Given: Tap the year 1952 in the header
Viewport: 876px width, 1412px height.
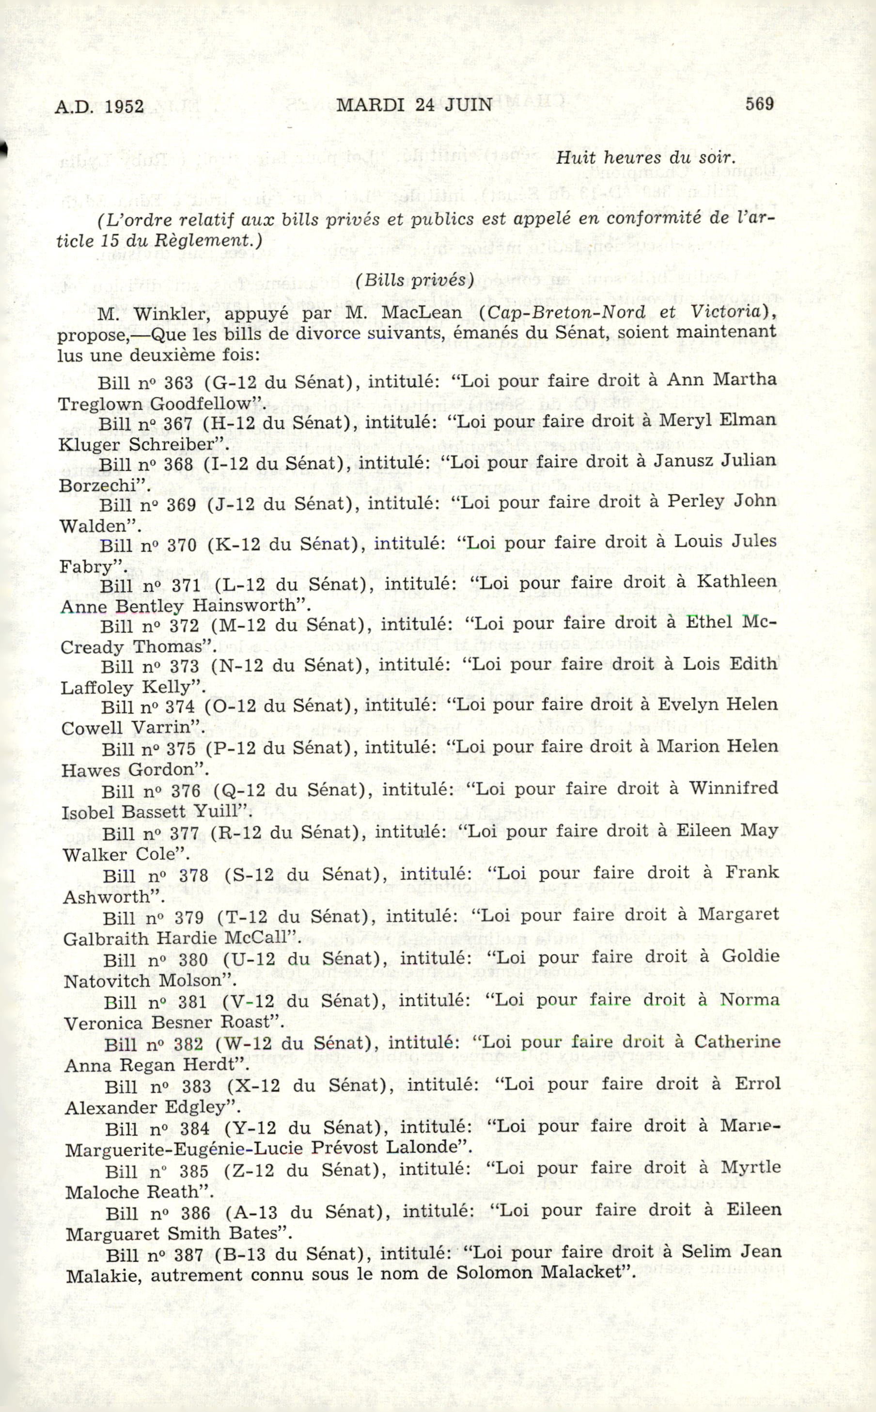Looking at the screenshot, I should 125,107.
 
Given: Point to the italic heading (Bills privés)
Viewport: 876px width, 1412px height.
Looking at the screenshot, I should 415,280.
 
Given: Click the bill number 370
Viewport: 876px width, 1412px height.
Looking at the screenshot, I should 182,545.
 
